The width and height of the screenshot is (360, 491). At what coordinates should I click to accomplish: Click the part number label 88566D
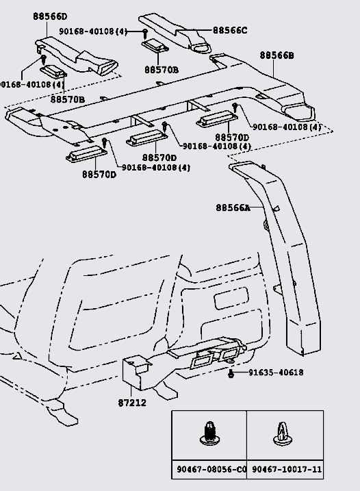[50, 16]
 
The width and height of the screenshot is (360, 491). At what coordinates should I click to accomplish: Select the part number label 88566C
[230, 30]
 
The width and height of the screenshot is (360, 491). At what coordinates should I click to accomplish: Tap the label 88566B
[277, 55]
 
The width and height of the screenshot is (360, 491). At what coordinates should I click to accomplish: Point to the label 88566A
[233, 207]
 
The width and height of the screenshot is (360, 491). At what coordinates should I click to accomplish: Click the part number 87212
[132, 403]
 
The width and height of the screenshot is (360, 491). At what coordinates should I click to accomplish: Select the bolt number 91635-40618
[276, 373]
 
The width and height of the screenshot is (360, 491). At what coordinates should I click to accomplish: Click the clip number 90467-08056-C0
[211, 469]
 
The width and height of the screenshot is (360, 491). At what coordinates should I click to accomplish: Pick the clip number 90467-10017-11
[287, 469]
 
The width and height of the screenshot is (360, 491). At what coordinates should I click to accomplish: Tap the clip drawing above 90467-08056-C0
[209, 433]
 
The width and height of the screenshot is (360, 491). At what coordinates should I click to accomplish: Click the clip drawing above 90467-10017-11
[282, 433]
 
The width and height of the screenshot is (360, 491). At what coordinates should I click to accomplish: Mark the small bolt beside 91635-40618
[231, 373]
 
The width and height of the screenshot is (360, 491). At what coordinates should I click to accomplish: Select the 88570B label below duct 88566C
[162, 70]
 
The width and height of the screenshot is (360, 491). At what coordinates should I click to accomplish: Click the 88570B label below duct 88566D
[68, 99]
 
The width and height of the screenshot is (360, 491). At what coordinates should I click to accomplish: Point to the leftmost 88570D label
[99, 175]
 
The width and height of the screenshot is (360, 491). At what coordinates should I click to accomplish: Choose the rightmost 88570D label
[232, 138]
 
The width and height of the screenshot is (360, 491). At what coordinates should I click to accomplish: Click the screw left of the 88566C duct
[145, 33]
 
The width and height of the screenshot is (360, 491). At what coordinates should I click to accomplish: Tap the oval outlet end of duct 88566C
[201, 47]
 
